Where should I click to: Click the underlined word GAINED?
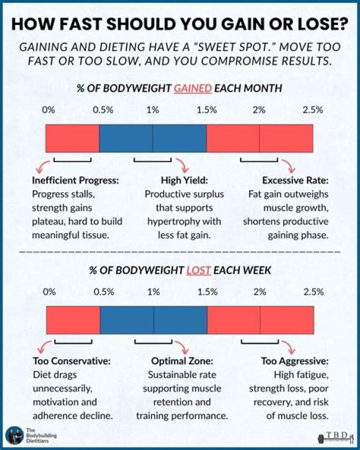[193, 88]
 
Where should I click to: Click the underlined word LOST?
[198, 270]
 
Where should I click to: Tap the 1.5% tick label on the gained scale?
[206, 110]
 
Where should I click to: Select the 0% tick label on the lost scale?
[49, 292]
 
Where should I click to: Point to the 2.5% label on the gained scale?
[312, 110]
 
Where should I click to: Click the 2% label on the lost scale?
[259, 292]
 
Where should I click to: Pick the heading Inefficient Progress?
[75, 181]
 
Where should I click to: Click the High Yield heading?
[184, 181]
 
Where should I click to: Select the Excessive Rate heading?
[295, 181]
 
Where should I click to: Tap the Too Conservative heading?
[71, 361]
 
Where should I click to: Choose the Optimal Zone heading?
[182, 361]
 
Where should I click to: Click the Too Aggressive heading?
[294, 361]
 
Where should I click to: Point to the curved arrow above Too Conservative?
[44, 347]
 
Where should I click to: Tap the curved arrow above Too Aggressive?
[289, 347]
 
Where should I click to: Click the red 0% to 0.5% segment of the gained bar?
[72, 138]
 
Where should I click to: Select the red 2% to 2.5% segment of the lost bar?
[287, 320]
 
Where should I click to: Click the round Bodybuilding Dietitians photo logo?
[14, 435]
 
